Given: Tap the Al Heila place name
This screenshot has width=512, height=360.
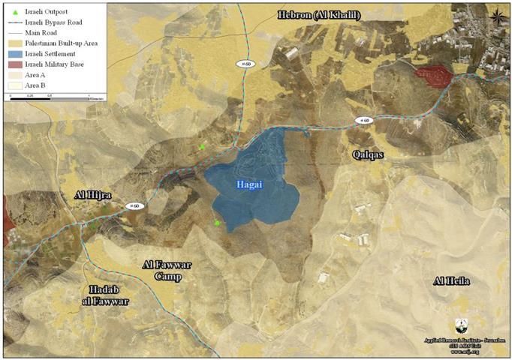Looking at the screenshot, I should pyautogui.click(x=451, y=280).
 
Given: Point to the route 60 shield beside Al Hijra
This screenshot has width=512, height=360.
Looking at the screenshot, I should pyautogui.click(x=134, y=205).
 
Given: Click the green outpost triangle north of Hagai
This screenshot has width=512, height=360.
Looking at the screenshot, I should pyautogui.click(x=202, y=147).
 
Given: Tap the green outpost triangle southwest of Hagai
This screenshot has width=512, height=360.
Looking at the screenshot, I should pyautogui.click(x=217, y=223).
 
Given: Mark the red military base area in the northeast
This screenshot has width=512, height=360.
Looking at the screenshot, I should pyautogui.click(x=433, y=75).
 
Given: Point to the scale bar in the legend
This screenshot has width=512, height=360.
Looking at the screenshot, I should pyautogui.click(x=49, y=95).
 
